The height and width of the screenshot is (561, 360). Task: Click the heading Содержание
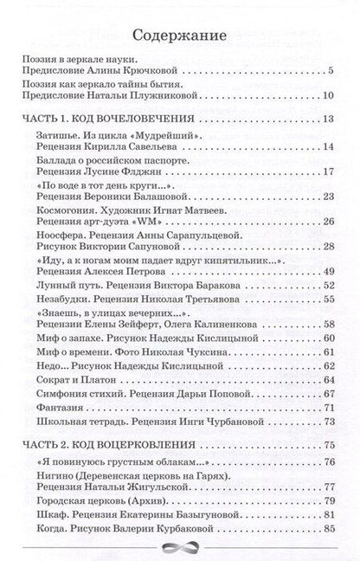point(179,36)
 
